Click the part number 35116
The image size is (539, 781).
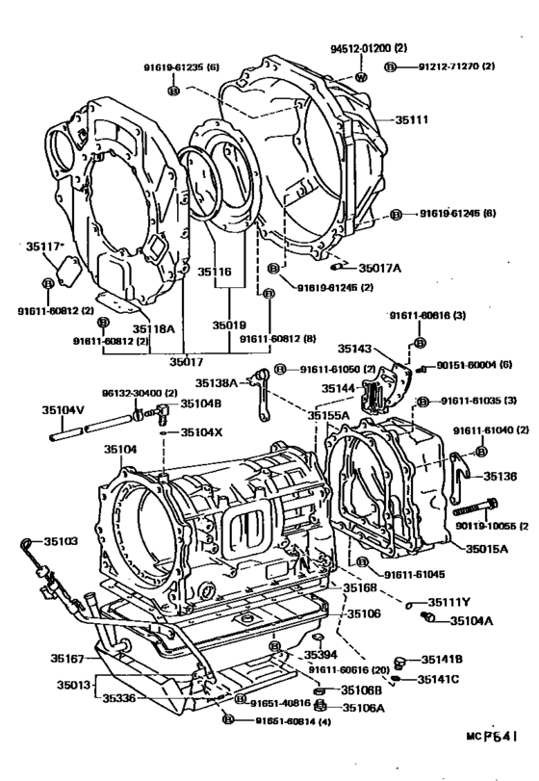click(216, 273)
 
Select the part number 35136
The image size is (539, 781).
click(499, 476)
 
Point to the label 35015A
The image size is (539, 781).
click(487, 548)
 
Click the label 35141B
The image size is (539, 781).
click(444, 660)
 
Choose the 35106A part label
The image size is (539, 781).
click(365, 708)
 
